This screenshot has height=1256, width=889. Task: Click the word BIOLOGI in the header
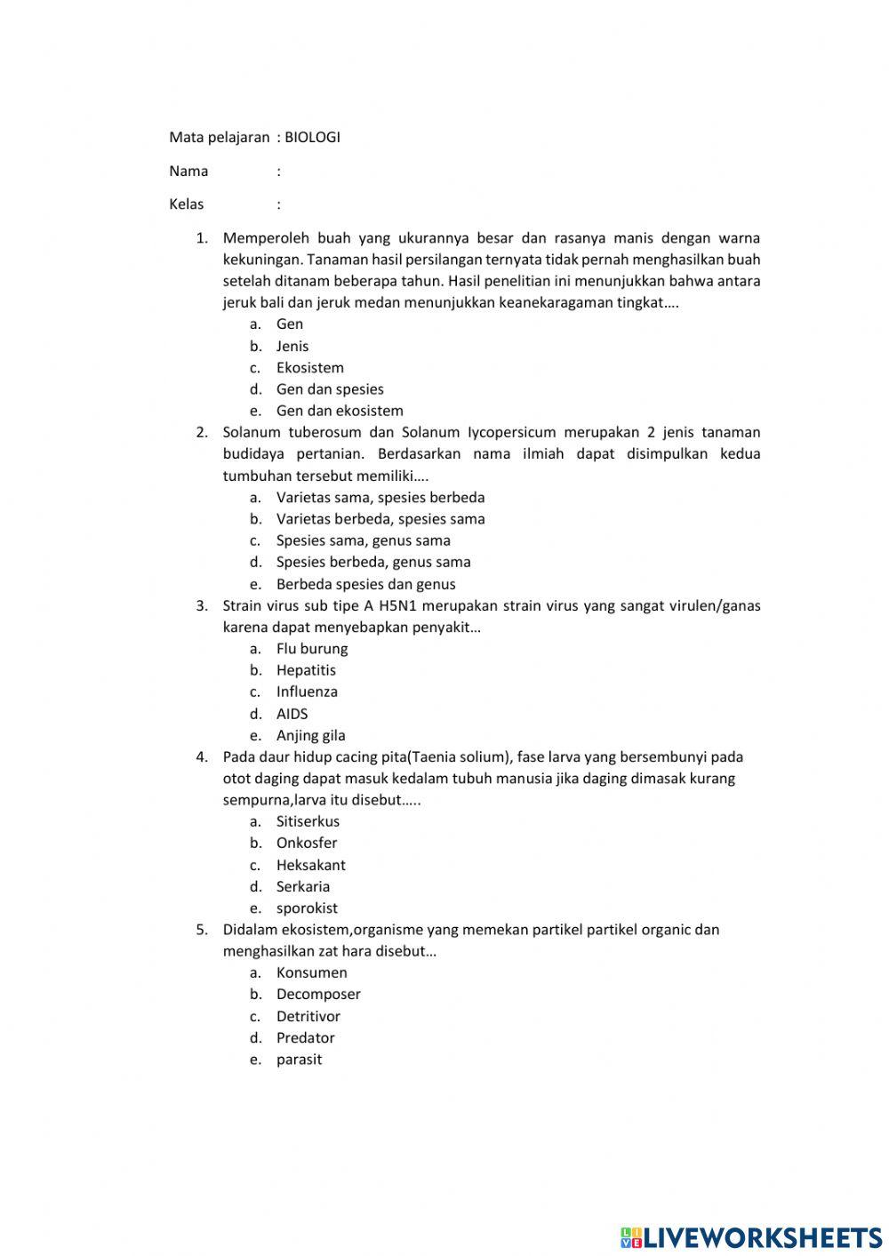[x=312, y=137]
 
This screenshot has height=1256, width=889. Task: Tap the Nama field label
[x=188, y=171]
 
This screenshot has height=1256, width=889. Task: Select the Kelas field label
[x=186, y=204]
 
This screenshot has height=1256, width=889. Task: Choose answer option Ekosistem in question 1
[x=309, y=367]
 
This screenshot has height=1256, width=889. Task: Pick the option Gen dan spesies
[x=330, y=388]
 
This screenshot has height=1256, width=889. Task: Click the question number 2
[x=201, y=432]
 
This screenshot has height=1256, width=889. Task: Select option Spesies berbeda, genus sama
[x=373, y=562]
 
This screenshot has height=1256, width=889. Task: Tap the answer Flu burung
[x=311, y=648]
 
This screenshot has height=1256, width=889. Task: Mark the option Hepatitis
[x=306, y=670]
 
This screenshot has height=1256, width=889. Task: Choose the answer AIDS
[x=292, y=713]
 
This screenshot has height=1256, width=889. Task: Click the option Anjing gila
[x=310, y=735]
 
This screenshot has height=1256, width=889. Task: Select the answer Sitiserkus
[x=308, y=821]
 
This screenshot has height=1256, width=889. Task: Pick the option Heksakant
[x=310, y=865]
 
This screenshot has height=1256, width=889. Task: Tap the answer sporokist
[x=307, y=908]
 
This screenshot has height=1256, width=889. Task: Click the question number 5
[x=201, y=929]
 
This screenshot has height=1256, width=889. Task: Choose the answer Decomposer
[x=318, y=994]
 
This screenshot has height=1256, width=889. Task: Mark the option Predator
[x=305, y=1037]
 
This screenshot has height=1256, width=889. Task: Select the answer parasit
[x=299, y=1059]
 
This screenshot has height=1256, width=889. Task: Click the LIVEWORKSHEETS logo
[x=751, y=1236]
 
